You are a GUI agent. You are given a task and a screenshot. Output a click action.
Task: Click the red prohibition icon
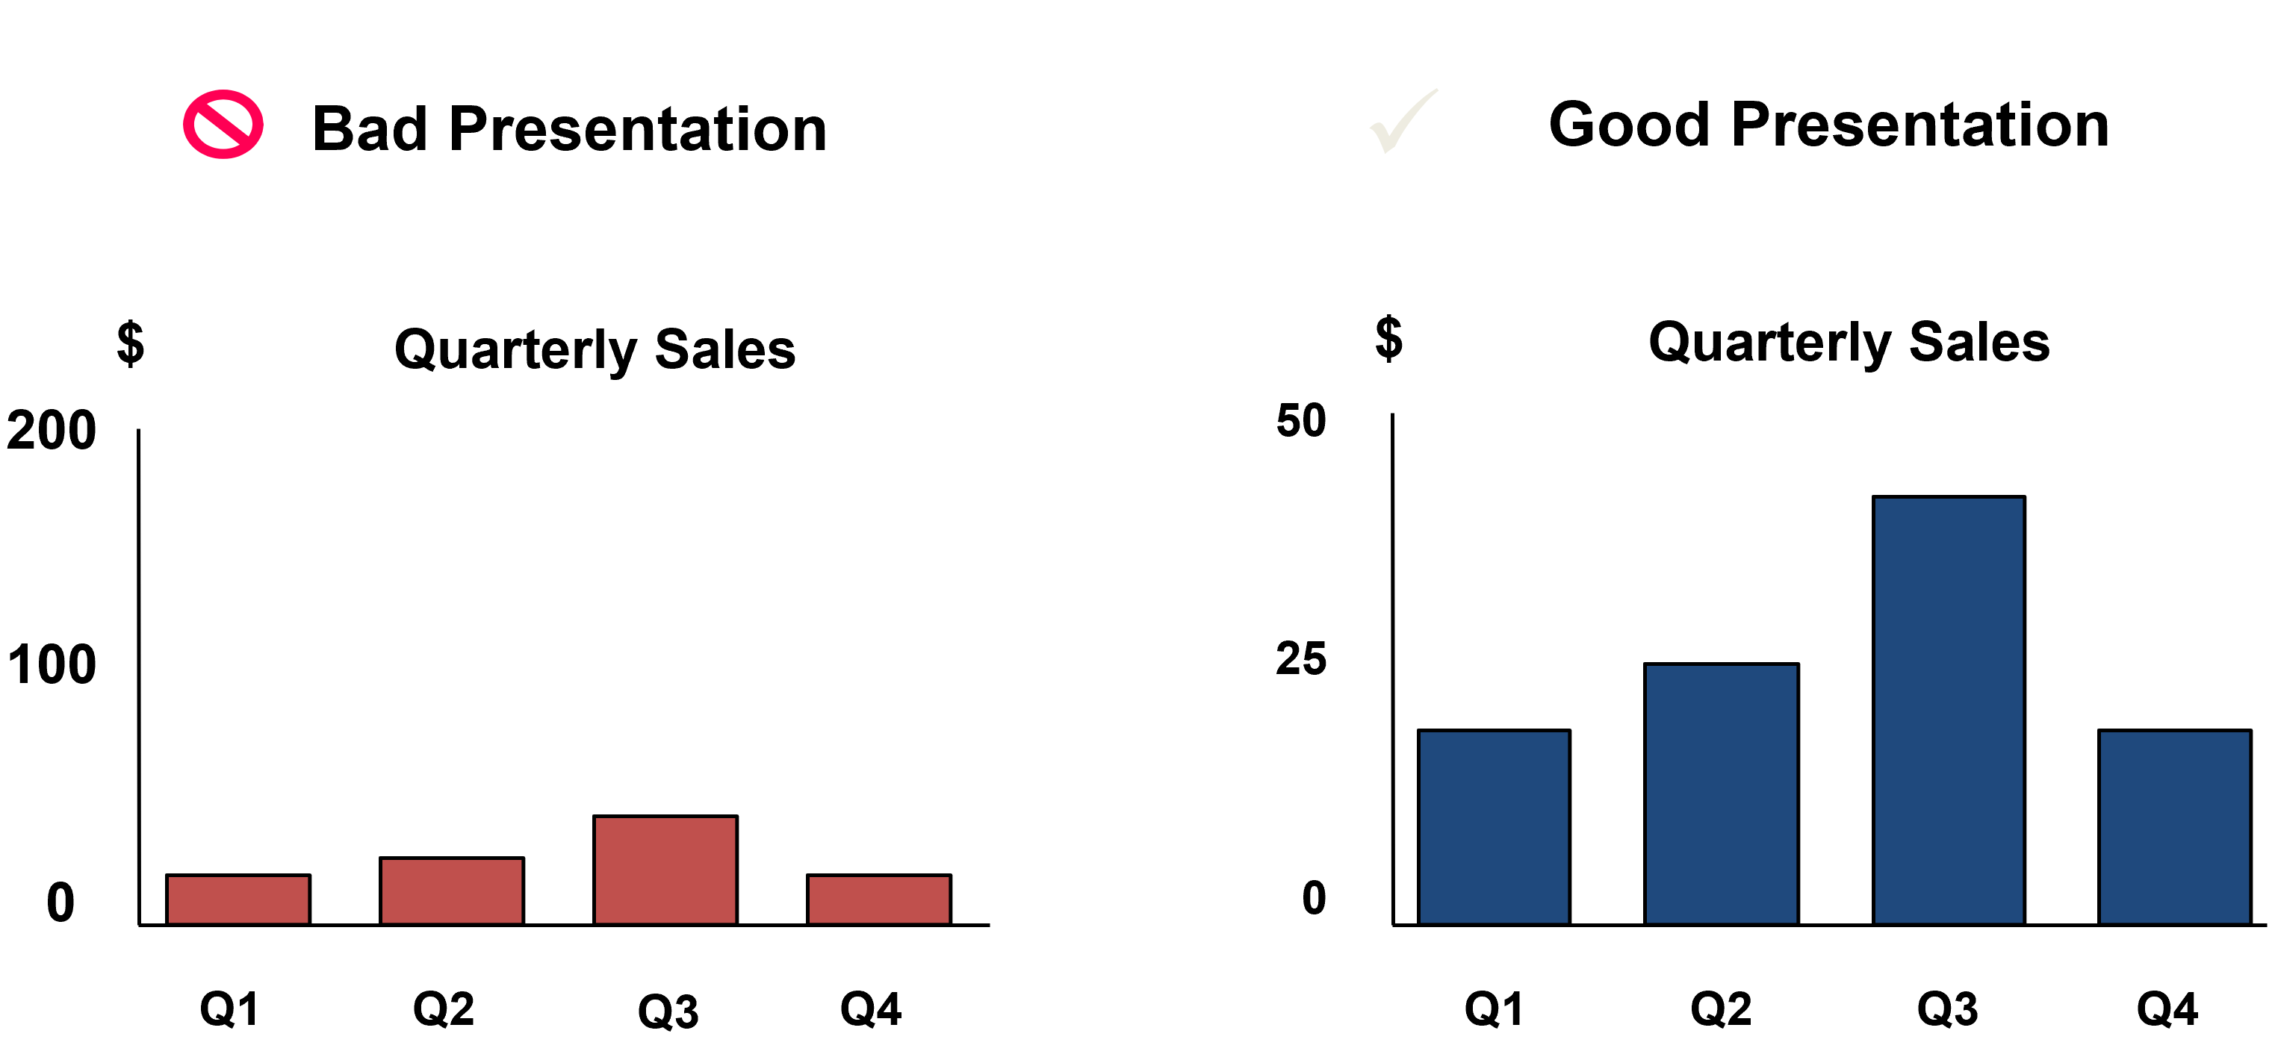coord(223,125)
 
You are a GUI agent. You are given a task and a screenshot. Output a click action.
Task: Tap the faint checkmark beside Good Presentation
coord(1403,122)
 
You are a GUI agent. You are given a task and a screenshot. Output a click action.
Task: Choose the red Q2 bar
coord(452,891)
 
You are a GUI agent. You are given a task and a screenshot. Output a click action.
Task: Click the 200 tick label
coord(52,431)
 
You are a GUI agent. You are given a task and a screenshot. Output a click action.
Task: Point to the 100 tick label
coord(52,665)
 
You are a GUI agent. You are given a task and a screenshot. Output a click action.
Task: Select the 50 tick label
coord(1301,420)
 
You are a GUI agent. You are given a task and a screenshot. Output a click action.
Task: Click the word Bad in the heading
coord(370,129)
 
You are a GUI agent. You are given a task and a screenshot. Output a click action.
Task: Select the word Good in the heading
coord(1629,125)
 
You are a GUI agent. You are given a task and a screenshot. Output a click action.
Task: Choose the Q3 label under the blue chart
coord(1947,1008)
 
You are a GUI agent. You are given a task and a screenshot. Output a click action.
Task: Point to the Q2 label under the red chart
coord(444,1008)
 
